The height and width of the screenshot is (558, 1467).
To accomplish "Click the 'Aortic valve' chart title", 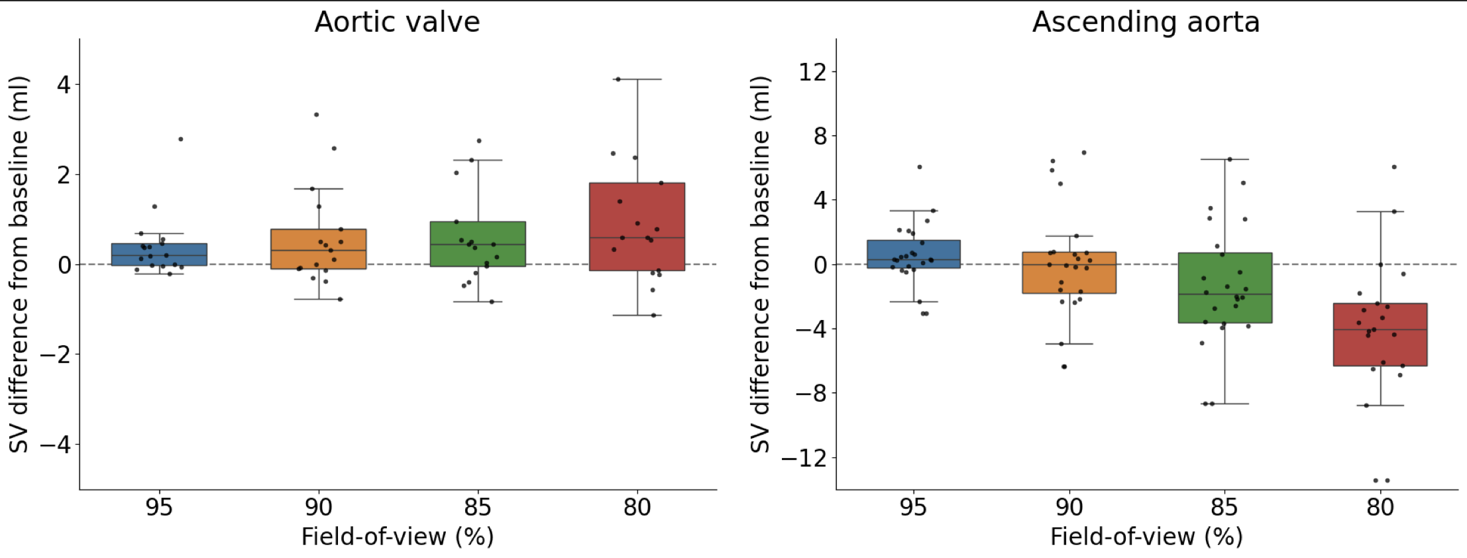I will click(x=397, y=22).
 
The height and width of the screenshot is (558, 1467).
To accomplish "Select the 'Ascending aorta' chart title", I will click(x=1146, y=22).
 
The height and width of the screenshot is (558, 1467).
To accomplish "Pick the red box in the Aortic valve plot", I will click(x=637, y=212).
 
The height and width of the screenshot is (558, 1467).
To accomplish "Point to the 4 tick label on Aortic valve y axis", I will click(x=64, y=85).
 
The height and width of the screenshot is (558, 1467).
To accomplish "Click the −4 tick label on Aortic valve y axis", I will click(x=55, y=445).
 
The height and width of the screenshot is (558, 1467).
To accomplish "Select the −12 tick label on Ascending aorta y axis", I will click(x=804, y=458).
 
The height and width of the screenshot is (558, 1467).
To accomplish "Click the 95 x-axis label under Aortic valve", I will click(x=159, y=508).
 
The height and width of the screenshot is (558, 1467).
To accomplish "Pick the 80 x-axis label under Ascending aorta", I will click(x=1380, y=508).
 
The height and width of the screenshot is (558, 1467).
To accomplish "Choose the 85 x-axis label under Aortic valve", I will click(x=478, y=508).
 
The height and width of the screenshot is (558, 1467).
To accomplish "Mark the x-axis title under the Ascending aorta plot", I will click(x=1146, y=536).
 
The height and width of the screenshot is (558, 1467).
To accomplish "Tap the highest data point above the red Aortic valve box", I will click(x=618, y=79).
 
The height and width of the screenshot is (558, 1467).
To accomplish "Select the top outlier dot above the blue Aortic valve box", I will click(x=180, y=139).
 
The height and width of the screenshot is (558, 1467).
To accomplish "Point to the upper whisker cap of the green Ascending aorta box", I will click(x=1224, y=159).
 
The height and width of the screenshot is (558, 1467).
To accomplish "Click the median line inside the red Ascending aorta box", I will click(x=1380, y=329).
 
